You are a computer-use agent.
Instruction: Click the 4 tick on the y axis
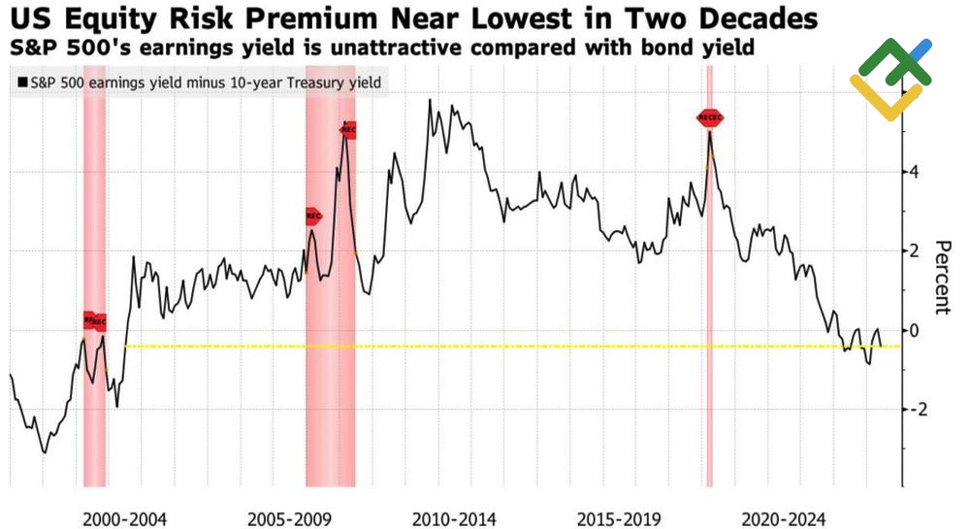click(x=914, y=172)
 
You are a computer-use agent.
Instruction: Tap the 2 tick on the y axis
click(x=914, y=250)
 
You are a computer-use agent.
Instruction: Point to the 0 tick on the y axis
click(x=914, y=330)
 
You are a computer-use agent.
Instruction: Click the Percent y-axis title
click(x=942, y=277)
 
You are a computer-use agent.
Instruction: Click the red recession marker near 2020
click(x=710, y=117)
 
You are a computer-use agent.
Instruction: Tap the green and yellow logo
click(x=889, y=78)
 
